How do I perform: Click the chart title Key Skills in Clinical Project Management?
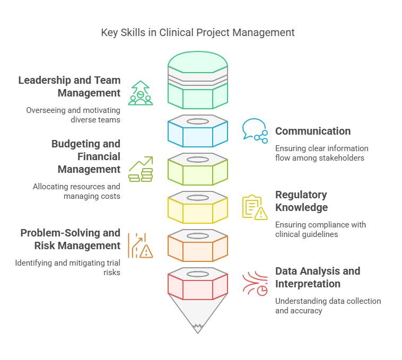198,32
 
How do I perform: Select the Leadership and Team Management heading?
69,87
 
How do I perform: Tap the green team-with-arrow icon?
140,93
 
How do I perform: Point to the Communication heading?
313,131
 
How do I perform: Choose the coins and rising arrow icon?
141,169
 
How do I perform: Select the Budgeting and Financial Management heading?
86,156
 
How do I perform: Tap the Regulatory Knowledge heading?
301,201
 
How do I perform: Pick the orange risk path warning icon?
141,244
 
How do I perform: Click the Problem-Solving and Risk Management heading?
71,239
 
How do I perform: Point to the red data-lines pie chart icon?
255,284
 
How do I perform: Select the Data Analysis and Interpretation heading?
318,277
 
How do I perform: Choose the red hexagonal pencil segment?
198,287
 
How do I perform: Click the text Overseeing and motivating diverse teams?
73,115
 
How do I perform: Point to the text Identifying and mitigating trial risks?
67,267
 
